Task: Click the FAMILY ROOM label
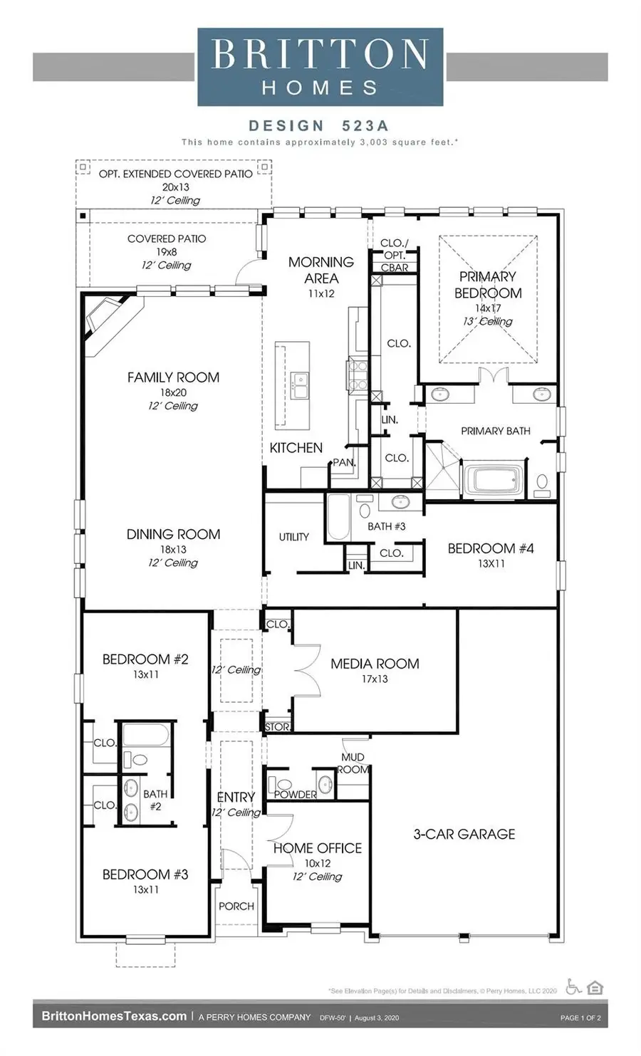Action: point(173,377)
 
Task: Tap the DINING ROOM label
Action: point(173,534)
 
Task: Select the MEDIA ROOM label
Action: point(375,664)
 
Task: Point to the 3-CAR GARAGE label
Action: point(464,834)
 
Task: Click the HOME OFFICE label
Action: point(318,848)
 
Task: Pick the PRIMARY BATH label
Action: point(496,431)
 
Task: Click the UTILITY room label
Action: point(293,537)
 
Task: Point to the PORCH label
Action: point(236,906)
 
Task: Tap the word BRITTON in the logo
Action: point(320,55)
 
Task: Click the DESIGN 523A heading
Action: point(318,126)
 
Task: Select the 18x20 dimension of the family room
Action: point(173,392)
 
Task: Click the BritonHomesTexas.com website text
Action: point(114,1016)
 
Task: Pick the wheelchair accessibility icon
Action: point(573,987)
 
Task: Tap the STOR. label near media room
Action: point(277,727)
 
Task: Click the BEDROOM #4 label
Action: point(491,548)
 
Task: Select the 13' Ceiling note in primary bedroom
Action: point(488,321)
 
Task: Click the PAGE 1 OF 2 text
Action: point(580,1018)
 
